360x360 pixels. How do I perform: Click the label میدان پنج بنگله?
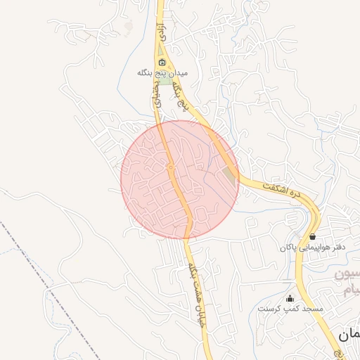pos(163,73)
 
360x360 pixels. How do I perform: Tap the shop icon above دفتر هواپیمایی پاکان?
pos(312,236)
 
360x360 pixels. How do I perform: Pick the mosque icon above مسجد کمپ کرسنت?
pos(290,298)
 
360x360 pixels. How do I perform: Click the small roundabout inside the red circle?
pos(171,167)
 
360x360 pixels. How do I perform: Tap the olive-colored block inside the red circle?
pos(230,177)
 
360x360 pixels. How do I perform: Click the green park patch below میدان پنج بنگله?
pos(166,82)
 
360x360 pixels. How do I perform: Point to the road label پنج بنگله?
pos(181,96)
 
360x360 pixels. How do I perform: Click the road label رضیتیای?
pos(156,96)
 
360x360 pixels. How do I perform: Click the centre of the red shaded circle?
pos(180,179)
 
